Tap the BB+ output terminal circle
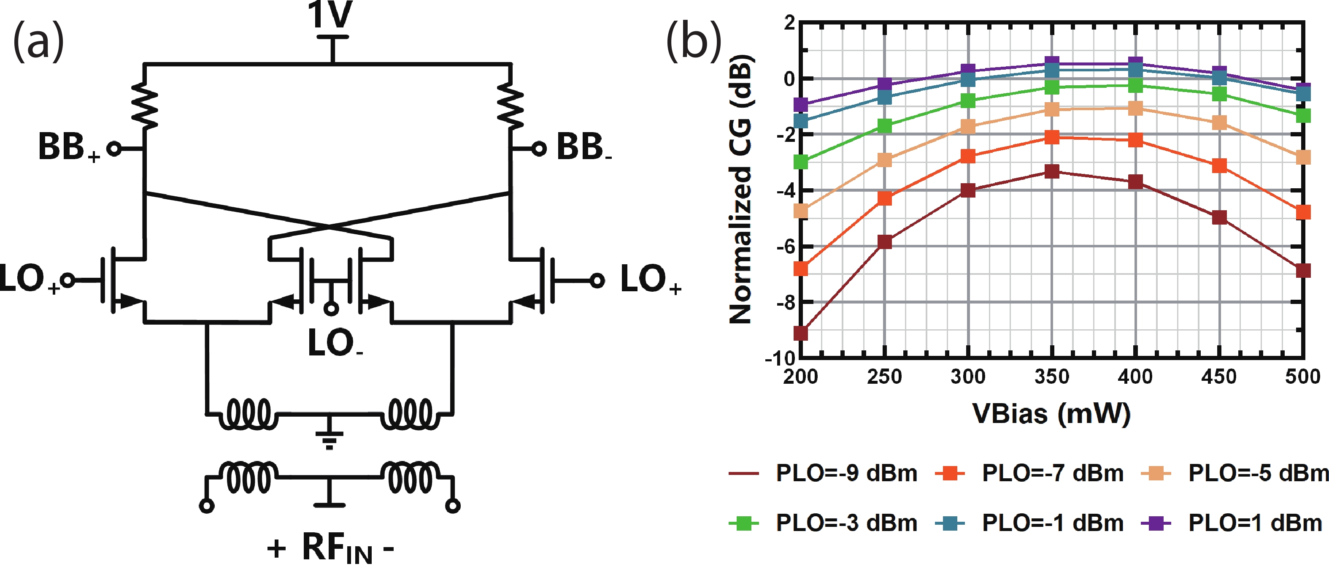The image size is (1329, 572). point(114,149)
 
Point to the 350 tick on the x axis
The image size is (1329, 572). point(1051,377)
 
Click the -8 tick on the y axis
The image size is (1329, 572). point(785,303)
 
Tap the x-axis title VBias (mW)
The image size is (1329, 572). point(1051,414)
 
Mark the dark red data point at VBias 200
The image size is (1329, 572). point(800,333)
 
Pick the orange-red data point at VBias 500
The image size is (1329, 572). point(1303,212)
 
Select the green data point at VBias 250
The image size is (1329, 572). point(884,125)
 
